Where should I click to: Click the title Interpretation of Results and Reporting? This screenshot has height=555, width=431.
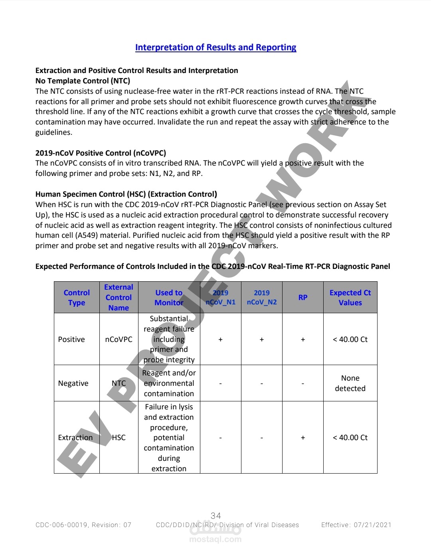pos(215,47)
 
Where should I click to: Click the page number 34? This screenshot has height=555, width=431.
pos(215,515)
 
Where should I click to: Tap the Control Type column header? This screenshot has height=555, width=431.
pos(77,297)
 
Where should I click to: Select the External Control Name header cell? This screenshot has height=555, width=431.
pos(119,297)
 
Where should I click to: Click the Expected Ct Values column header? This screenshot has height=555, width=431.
pos(350,297)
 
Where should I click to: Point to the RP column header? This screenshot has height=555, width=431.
pos(303,297)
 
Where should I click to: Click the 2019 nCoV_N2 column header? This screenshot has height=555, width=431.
pos(261,297)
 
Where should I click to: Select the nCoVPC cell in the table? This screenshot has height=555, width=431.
pos(119,339)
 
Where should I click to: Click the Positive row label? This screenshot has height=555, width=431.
pos(71,339)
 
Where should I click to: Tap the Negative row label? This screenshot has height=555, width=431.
pos(73,383)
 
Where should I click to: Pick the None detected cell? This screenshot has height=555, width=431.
pos(350,383)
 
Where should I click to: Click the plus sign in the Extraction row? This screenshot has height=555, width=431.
pos(303,438)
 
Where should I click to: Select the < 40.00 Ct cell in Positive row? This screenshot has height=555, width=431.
pos(350,339)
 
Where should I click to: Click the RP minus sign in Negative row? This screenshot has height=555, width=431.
pos(303,383)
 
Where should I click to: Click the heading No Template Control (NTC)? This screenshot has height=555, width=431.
pos(83,81)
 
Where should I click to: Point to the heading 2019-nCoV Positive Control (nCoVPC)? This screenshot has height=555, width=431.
pos(101,153)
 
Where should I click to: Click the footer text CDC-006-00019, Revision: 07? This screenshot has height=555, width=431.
pos(83,525)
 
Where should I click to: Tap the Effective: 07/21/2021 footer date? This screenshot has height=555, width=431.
pos(356,525)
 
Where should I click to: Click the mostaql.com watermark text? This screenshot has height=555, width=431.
pos(215,539)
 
